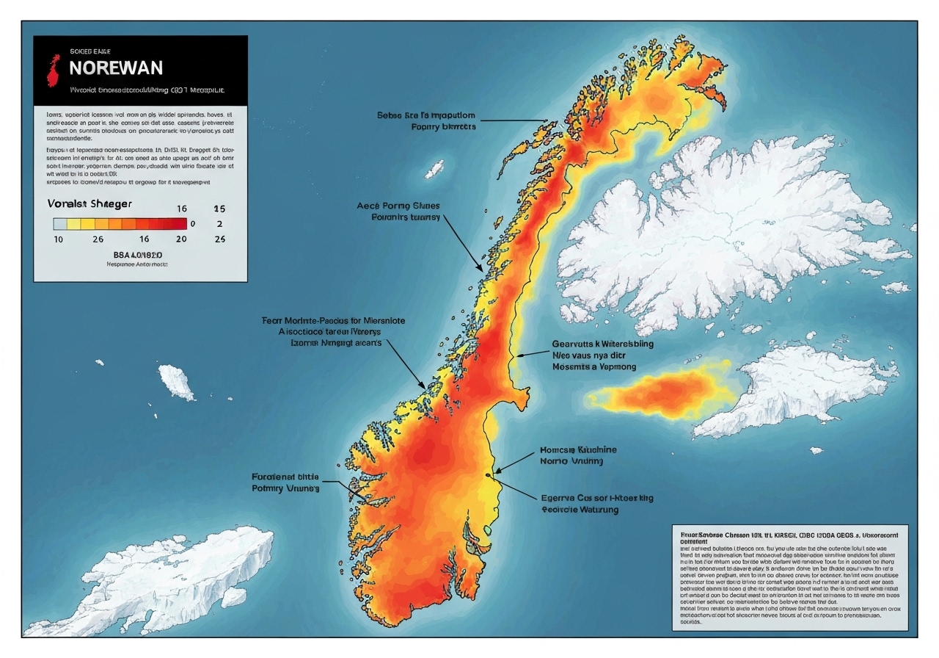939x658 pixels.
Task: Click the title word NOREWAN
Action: coord(116,68)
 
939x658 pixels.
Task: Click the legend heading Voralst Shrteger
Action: coord(90,203)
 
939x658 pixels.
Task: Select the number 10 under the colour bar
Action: coord(58,239)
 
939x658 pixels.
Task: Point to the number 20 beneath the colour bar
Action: coord(180,239)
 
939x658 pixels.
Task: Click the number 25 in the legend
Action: coord(219,239)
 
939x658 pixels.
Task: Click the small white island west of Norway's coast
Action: coord(177,382)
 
